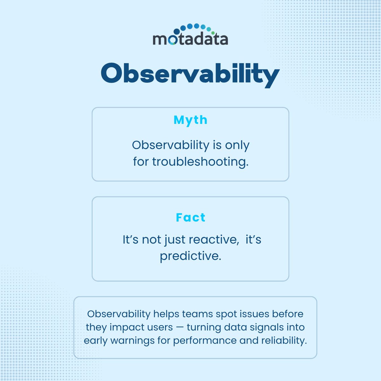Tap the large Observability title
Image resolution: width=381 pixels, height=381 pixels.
click(190, 74)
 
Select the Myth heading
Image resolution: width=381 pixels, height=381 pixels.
click(190, 120)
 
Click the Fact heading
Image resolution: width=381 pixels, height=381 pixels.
click(190, 217)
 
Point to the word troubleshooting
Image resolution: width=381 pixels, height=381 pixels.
click(200, 162)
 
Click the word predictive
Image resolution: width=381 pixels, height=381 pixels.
click(190, 256)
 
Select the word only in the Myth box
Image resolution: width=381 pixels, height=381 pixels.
click(237, 145)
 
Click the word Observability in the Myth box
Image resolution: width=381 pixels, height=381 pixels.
click(170, 145)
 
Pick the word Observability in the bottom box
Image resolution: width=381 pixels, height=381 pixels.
click(118, 314)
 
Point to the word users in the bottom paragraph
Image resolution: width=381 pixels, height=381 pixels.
click(160, 327)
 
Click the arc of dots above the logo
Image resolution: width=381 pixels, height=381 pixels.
click(194, 28)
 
